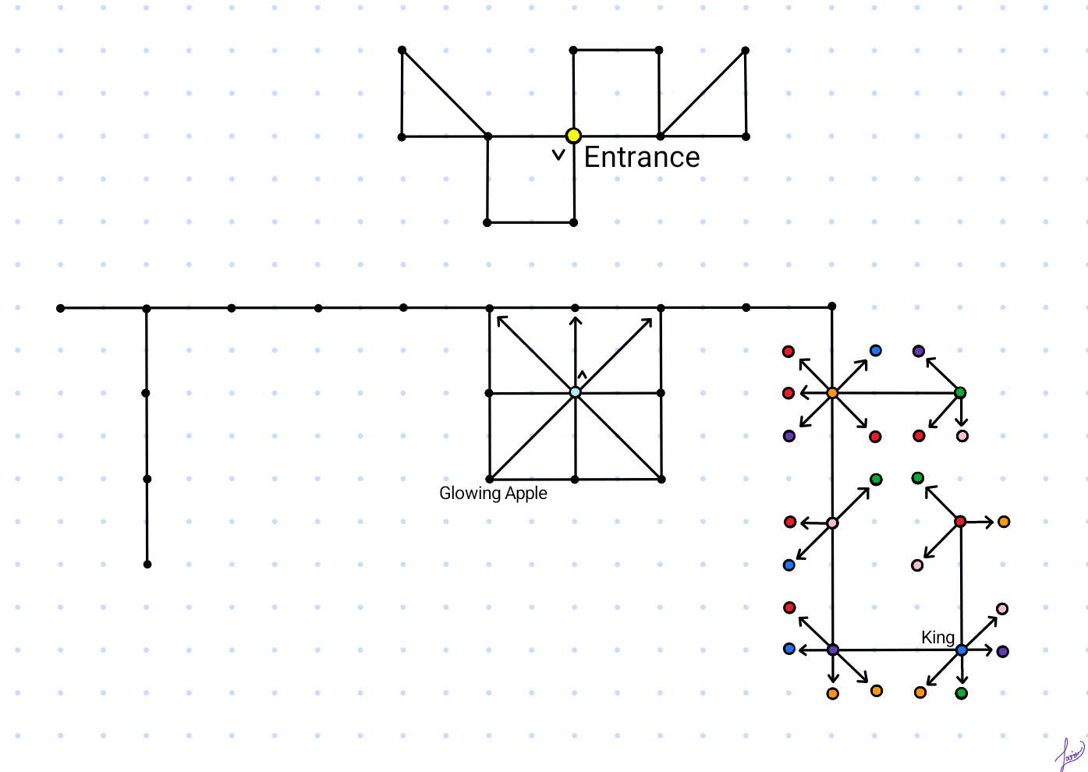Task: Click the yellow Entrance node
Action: (573, 136)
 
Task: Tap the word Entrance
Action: (641, 158)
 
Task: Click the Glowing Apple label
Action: (493, 494)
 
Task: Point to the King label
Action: (937, 638)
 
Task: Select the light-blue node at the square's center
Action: (575, 392)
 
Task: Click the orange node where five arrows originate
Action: (832, 393)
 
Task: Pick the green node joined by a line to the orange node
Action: (960, 393)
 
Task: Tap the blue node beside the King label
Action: (961, 650)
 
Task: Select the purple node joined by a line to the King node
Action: (833, 650)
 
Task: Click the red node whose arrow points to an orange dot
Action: (960, 521)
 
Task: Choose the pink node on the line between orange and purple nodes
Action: (832, 522)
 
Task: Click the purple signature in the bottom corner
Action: (1069, 754)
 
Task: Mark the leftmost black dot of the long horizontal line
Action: (61, 308)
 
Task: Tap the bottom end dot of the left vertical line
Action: (147, 564)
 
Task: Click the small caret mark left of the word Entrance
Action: (558, 155)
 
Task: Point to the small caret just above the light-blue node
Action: (582, 375)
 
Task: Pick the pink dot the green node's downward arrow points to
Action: (962, 436)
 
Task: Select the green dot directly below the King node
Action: (962, 693)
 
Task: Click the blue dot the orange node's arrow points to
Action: (876, 351)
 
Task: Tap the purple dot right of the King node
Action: (1003, 651)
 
